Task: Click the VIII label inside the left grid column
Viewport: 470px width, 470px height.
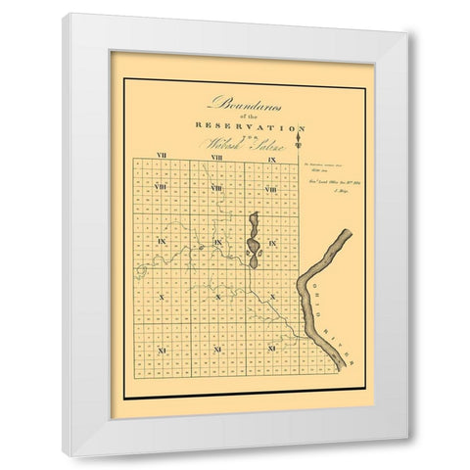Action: [161, 187]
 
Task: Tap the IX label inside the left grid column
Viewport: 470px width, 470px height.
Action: [161, 240]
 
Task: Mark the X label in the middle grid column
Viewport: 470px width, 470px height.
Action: [216, 294]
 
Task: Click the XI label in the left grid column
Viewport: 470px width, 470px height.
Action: [161, 348]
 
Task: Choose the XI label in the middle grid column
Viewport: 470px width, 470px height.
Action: [216, 348]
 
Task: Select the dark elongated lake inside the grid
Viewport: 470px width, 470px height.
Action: [253, 241]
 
